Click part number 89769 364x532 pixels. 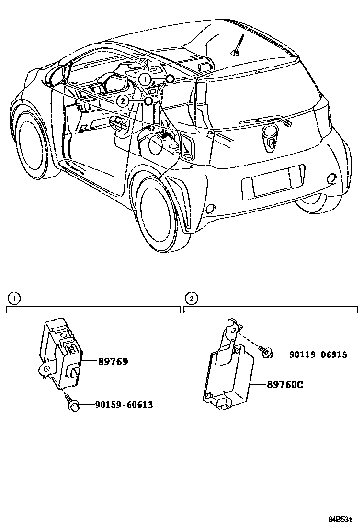coord(113,362)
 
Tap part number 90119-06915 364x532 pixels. coord(318,355)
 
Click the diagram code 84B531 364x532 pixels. coord(343,519)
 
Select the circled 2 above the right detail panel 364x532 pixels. coord(191,299)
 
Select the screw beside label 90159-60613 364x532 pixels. coord(72,403)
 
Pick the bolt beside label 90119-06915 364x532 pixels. coord(266,353)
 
